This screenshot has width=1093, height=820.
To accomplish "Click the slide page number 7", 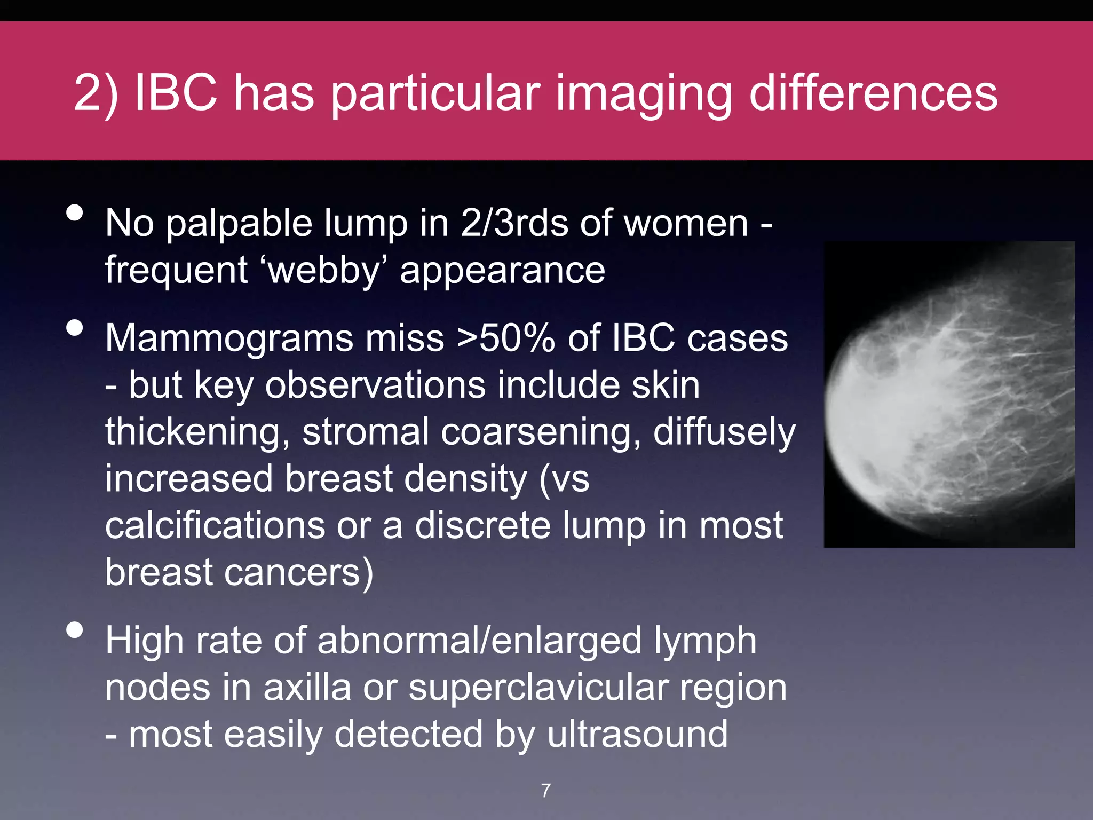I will click(545, 791).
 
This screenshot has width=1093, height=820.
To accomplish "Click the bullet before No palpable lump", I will click(75, 213).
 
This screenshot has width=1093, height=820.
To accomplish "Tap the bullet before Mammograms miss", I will click(75, 328).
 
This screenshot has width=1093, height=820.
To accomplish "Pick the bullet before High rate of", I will click(75, 630).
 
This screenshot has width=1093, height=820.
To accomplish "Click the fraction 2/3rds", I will click(514, 223).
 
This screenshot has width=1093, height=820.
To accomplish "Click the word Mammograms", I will click(229, 338).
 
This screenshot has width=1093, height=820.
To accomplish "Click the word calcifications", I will click(215, 525).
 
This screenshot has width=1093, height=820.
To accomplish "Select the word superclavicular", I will click(538, 688).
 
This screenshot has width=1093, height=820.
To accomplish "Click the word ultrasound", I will click(637, 734).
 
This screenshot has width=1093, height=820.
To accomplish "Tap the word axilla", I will click(307, 688).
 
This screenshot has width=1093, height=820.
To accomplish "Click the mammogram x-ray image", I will click(949, 394).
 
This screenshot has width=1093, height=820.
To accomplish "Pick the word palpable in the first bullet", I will click(239, 223).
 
